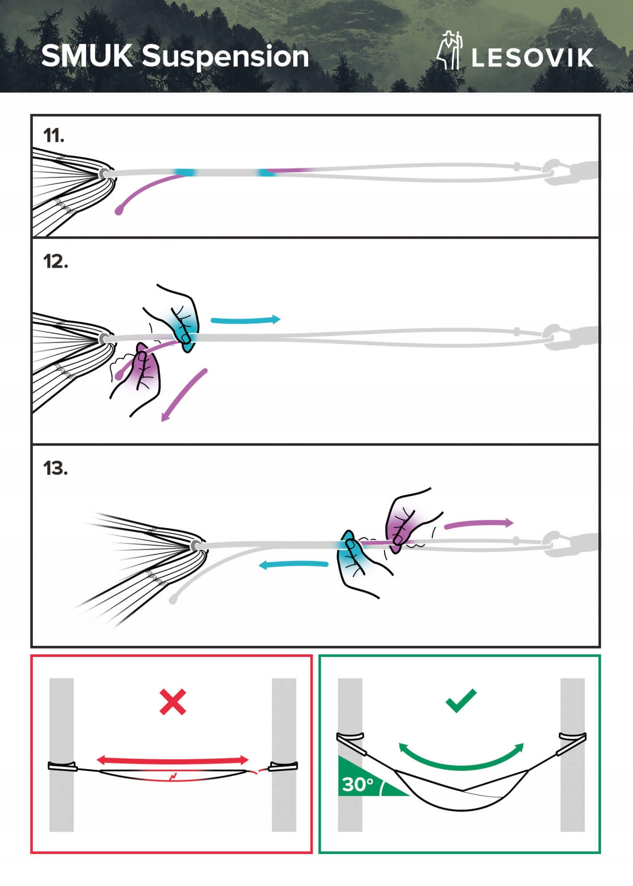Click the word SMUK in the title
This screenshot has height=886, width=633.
pos(86,56)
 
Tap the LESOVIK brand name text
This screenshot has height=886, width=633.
pos(532,58)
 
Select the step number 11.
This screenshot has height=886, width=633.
pos(54,136)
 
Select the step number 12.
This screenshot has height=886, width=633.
pos(55,262)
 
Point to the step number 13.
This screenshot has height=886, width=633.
pos(55,468)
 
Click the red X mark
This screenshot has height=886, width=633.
pos(172,702)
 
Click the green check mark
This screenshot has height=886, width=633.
pos(461,700)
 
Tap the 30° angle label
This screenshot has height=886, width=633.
pos(358,785)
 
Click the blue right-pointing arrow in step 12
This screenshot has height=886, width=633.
pos(245,319)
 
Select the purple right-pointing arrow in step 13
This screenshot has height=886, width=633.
pos(478,524)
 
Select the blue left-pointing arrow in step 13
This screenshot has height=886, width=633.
pos(293,565)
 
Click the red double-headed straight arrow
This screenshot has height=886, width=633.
pos(172,760)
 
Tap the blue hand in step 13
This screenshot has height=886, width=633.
pos(354,560)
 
